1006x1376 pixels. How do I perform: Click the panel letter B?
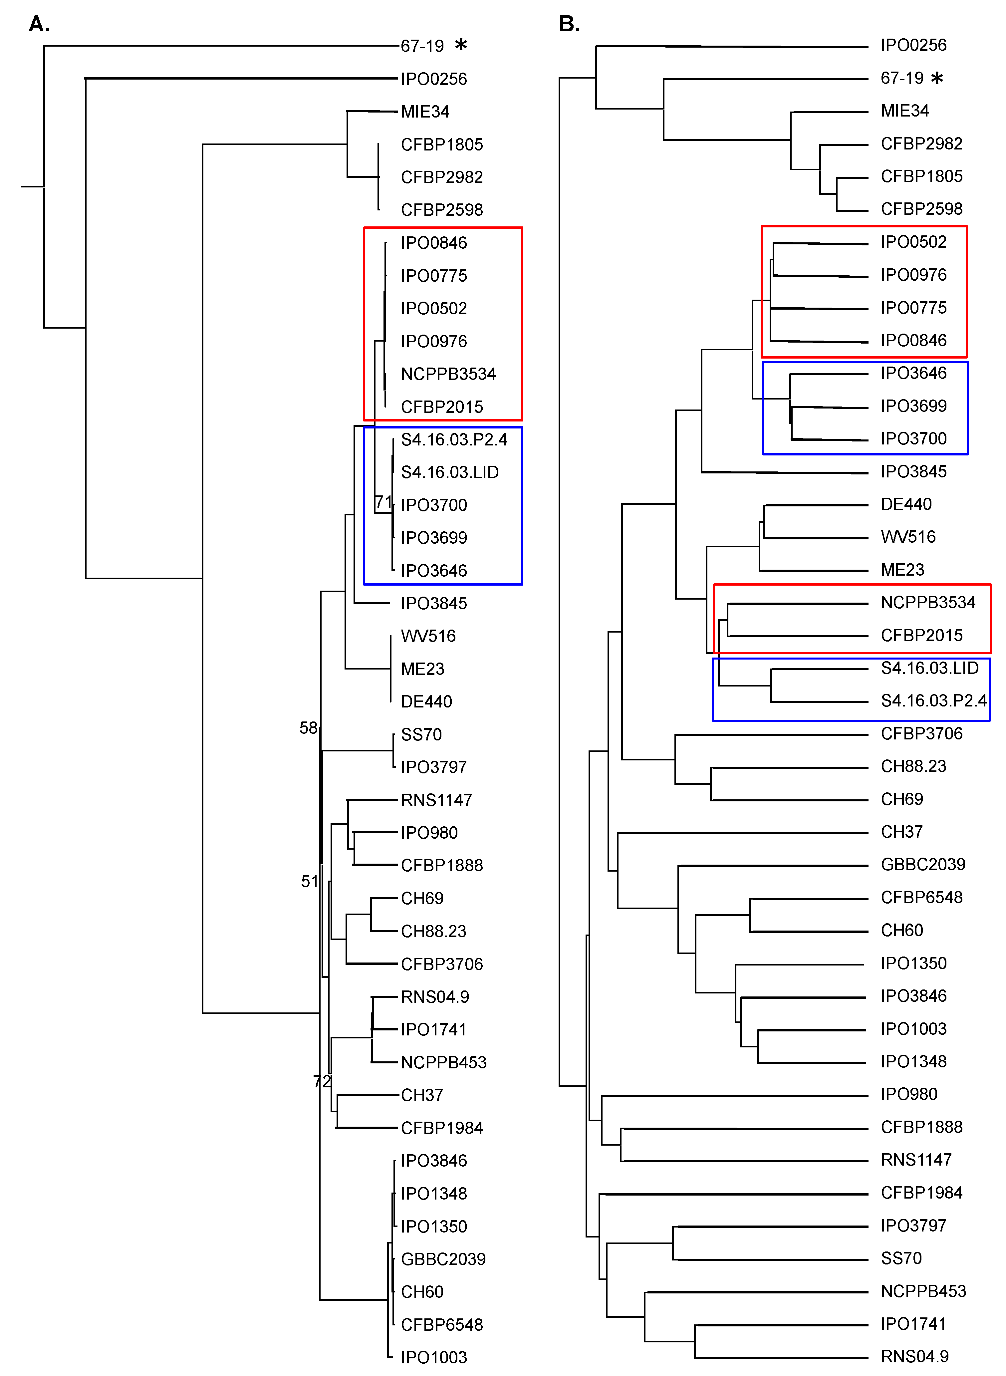pyautogui.click(x=569, y=24)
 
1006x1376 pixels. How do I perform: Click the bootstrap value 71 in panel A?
pyautogui.click(x=383, y=502)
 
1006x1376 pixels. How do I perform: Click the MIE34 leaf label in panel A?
pyautogui.click(x=425, y=112)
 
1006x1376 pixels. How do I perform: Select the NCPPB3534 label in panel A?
pyautogui.click(x=448, y=374)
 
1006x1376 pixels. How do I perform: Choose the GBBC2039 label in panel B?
pyautogui.click(x=922, y=865)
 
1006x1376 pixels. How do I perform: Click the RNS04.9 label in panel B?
pyautogui.click(x=915, y=1356)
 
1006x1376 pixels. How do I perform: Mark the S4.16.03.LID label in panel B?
pyautogui.click(x=929, y=668)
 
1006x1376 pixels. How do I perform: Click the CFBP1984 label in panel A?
pyautogui.click(x=441, y=1128)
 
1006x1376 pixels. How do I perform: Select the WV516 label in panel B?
pyautogui.click(x=908, y=537)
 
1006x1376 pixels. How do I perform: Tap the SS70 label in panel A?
pyautogui.click(x=421, y=735)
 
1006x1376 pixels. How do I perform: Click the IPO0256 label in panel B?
pyautogui.click(x=913, y=45)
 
